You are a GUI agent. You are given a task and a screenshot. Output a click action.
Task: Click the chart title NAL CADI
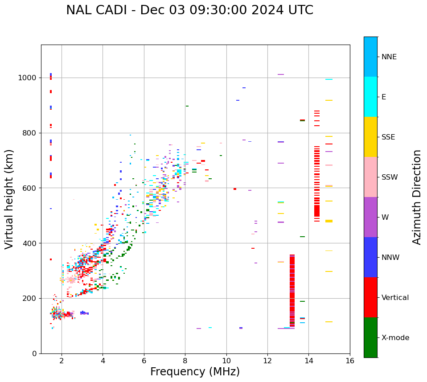click(189, 10)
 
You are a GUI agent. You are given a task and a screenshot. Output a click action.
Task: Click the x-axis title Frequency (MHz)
click(195, 372)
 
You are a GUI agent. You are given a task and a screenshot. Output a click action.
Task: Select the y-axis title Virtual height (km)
click(9, 199)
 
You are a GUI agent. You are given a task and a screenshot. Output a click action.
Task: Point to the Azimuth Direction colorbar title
click(417, 197)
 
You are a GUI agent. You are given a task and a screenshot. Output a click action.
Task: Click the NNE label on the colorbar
click(389, 57)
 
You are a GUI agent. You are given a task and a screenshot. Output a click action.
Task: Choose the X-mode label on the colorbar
click(395, 338)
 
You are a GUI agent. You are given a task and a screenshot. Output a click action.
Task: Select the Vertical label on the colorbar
click(395, 298)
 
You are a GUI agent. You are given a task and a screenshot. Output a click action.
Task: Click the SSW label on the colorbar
click(389, 177)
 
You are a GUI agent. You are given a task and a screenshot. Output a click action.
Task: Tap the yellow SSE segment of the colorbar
click(370, 137)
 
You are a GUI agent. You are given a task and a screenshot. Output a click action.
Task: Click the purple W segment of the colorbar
click(370, 217)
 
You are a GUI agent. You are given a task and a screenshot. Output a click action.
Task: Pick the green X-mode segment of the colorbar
click(370, 337)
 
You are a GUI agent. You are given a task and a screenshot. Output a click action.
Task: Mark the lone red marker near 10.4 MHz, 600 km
click(235, 189)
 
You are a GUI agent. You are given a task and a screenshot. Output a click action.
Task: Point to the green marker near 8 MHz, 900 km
click(187, 106)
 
